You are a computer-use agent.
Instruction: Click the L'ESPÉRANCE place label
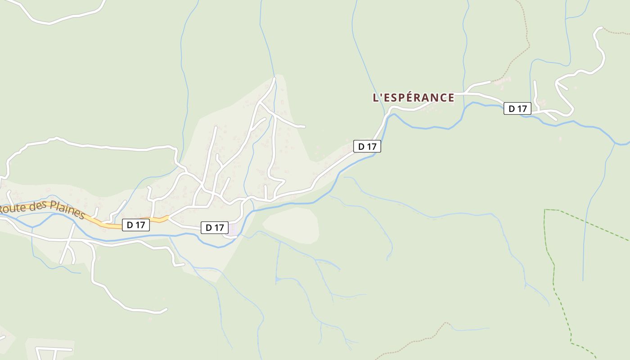coord(414,98)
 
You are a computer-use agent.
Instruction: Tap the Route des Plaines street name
coord(43,211)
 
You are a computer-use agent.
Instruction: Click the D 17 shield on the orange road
coord(135,225)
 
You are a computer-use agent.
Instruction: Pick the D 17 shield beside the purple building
coord(214,228)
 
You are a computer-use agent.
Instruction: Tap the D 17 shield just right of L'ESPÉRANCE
coord(517,108)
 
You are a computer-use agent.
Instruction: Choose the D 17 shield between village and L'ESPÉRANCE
coord(367,146)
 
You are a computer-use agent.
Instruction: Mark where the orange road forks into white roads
coord(168,218)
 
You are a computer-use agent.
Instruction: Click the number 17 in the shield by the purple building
coord(218,228)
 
